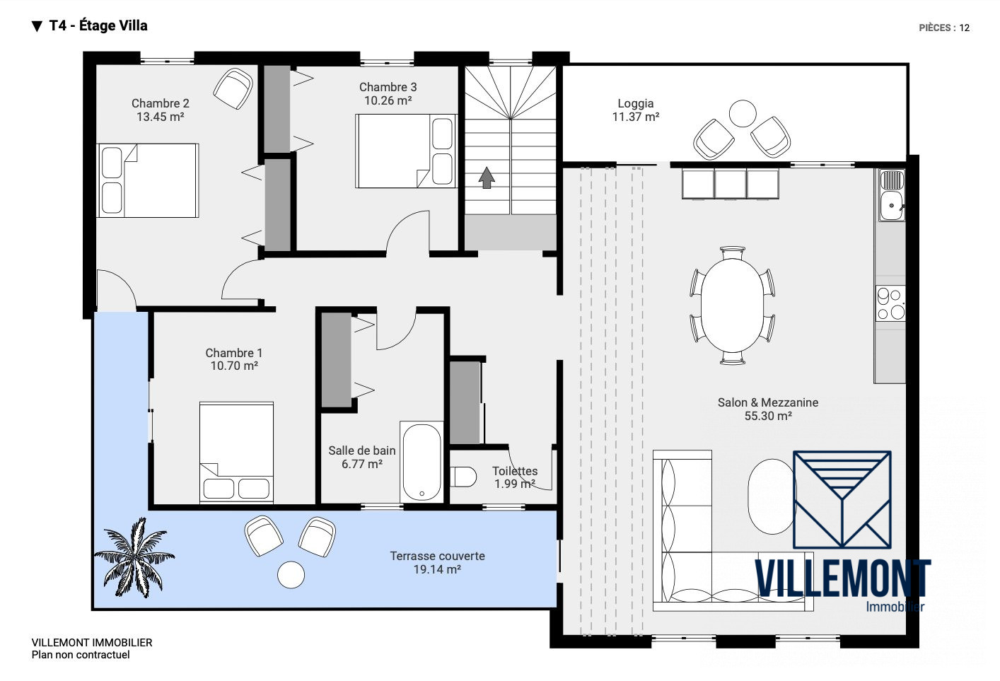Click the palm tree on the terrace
click(x=134, y=558)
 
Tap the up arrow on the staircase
click(x=487, y=177)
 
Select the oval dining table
click(x=732, y=305)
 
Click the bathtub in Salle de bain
click(x=421, y=462)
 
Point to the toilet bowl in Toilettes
click(x=463, y=477)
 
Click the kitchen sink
click(x=892, y=195)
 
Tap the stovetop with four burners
click(x=890, y=303)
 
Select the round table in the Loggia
click(x=743, y=113)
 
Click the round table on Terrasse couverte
click(x=291, y=575)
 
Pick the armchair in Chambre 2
click(x=233, y=88)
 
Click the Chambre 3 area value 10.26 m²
click(x=388, y=101)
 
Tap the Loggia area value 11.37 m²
click(x=635, y=117)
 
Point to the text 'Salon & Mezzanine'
click(x=768, y=402)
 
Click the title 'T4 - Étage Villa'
click(x=98, y=26)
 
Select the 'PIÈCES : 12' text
click(x=944, y=28)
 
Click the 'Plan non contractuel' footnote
click(x=81, y=655)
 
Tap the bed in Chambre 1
click(x=236, y=453)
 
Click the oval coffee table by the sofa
click(x=772, y=496)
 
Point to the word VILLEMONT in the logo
click(x=842, y=578)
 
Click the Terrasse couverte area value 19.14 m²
click(x=437, y=569)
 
